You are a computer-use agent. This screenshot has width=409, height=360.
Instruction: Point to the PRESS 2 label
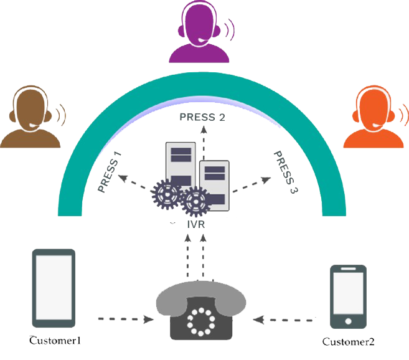202,116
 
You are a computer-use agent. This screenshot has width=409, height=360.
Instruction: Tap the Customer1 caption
56,341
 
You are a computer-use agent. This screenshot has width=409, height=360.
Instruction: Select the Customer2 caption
349,342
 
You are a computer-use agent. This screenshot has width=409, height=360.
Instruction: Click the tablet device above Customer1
54,288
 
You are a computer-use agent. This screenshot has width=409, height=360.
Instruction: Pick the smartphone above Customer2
347,296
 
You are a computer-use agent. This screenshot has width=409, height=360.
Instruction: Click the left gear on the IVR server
167,195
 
